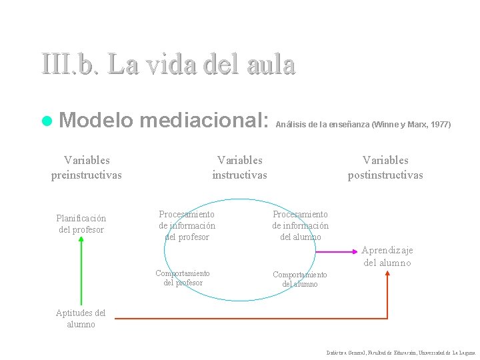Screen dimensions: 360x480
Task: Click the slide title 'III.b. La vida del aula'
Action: [167, 65]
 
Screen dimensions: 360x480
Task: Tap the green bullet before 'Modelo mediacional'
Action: [46, 121]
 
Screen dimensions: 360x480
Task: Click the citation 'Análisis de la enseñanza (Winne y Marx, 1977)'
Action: [363, 124]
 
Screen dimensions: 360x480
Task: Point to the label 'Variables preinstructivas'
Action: [87, 167]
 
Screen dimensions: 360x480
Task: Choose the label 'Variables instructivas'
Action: [239, 167]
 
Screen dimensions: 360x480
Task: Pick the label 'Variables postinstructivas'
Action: [385, 167]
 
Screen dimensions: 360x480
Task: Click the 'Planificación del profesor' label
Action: [81, 224]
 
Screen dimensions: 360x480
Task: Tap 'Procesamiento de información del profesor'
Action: [187, 225]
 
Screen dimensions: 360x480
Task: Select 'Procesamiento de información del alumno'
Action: [300, 225]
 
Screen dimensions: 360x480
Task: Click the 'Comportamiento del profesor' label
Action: [182, 278]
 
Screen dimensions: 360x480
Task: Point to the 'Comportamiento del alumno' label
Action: [300, 279]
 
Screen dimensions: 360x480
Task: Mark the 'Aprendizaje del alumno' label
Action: [387, 256]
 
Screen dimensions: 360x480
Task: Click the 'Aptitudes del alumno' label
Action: [81, 319]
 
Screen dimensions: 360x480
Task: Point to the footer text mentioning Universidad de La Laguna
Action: [401, 352]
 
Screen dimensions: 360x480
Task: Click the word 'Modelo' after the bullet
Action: [97, 121]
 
